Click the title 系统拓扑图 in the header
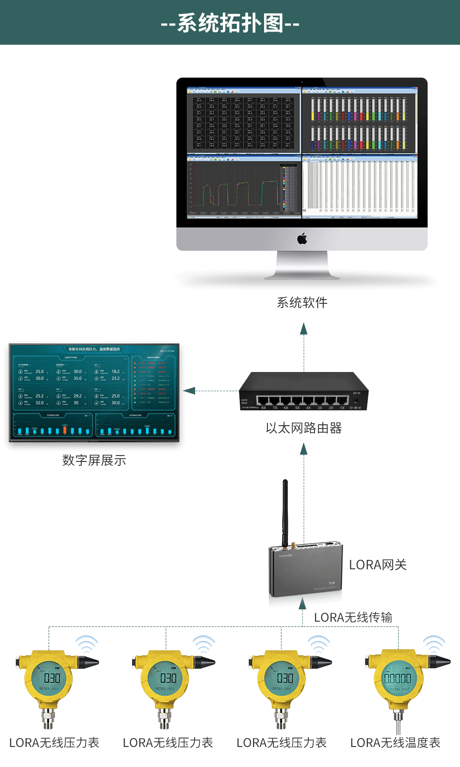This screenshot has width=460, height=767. tap(230, 23)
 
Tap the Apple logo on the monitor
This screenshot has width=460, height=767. tap(302, 239)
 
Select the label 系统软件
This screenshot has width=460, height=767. tap(302, 303)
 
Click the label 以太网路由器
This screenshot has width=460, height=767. tap(304, 428)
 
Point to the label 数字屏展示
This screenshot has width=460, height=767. tap(94, 460)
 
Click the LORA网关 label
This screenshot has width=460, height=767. tap(378, 565)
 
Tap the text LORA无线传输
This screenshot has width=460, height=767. tap(353, 617)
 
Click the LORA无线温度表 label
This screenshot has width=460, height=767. tap(395, 743)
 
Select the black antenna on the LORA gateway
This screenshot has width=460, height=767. tap(285, 511)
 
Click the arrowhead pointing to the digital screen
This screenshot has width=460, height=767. tap(189, 391)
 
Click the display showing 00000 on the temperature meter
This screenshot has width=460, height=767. tap(398, 678)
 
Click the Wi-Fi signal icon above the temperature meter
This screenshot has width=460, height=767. tap(434, 644)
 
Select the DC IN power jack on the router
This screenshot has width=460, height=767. tap(356, 401)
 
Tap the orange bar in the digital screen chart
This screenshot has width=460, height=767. tap(65, 430)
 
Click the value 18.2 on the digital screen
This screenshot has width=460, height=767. tap(115, 372)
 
